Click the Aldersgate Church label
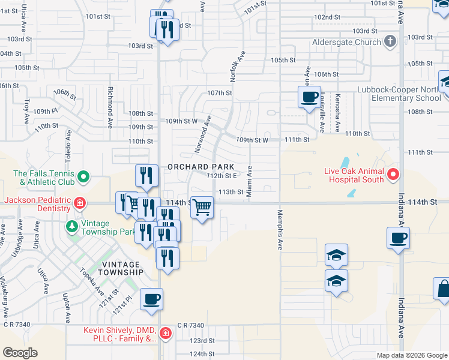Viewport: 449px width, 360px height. click(346, 43)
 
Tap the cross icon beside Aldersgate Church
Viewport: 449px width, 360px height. click(390, 42)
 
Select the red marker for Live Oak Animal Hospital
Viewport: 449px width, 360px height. click(393, 175)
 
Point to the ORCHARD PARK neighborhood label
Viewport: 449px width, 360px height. click(200, 166)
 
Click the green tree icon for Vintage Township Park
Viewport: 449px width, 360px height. click(71, 226)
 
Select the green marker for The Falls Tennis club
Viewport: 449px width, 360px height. click(84, 176)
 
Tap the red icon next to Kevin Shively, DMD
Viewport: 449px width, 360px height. click(164, 332)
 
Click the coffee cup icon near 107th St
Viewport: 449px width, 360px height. click(309, 97)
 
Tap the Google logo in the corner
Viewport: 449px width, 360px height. click(20, 353)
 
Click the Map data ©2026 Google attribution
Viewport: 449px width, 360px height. click(411, 355)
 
